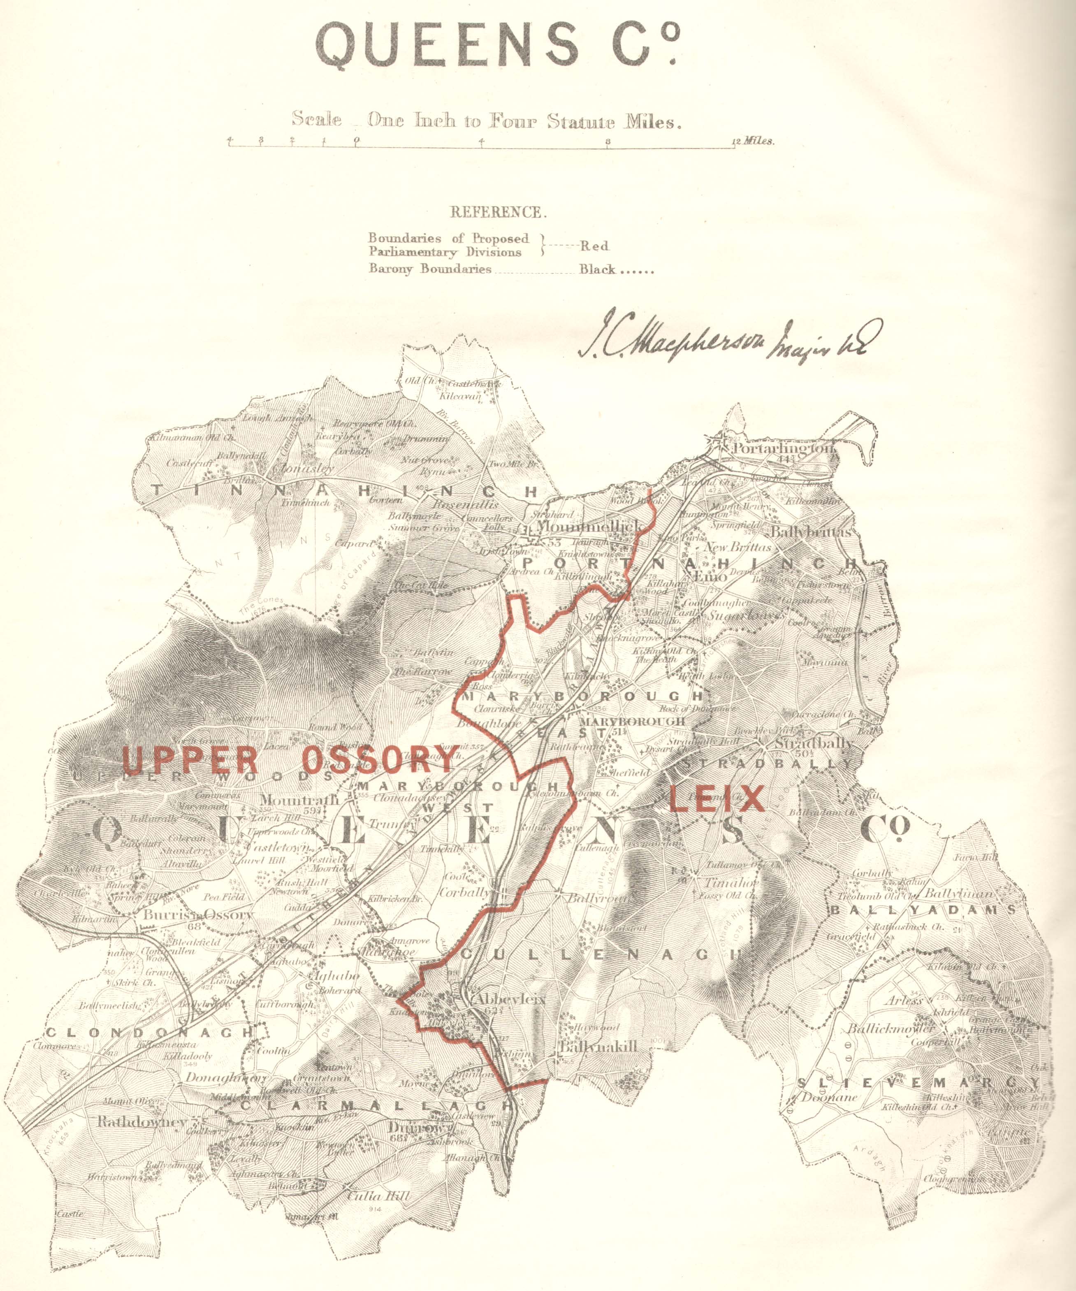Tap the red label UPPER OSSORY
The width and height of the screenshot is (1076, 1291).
pyautogui.click(x=289, y=760)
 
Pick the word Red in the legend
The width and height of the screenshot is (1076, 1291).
pyautogui.click(x=594, y=246)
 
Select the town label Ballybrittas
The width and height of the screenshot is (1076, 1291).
pyautogui.click(x=811, y=532)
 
